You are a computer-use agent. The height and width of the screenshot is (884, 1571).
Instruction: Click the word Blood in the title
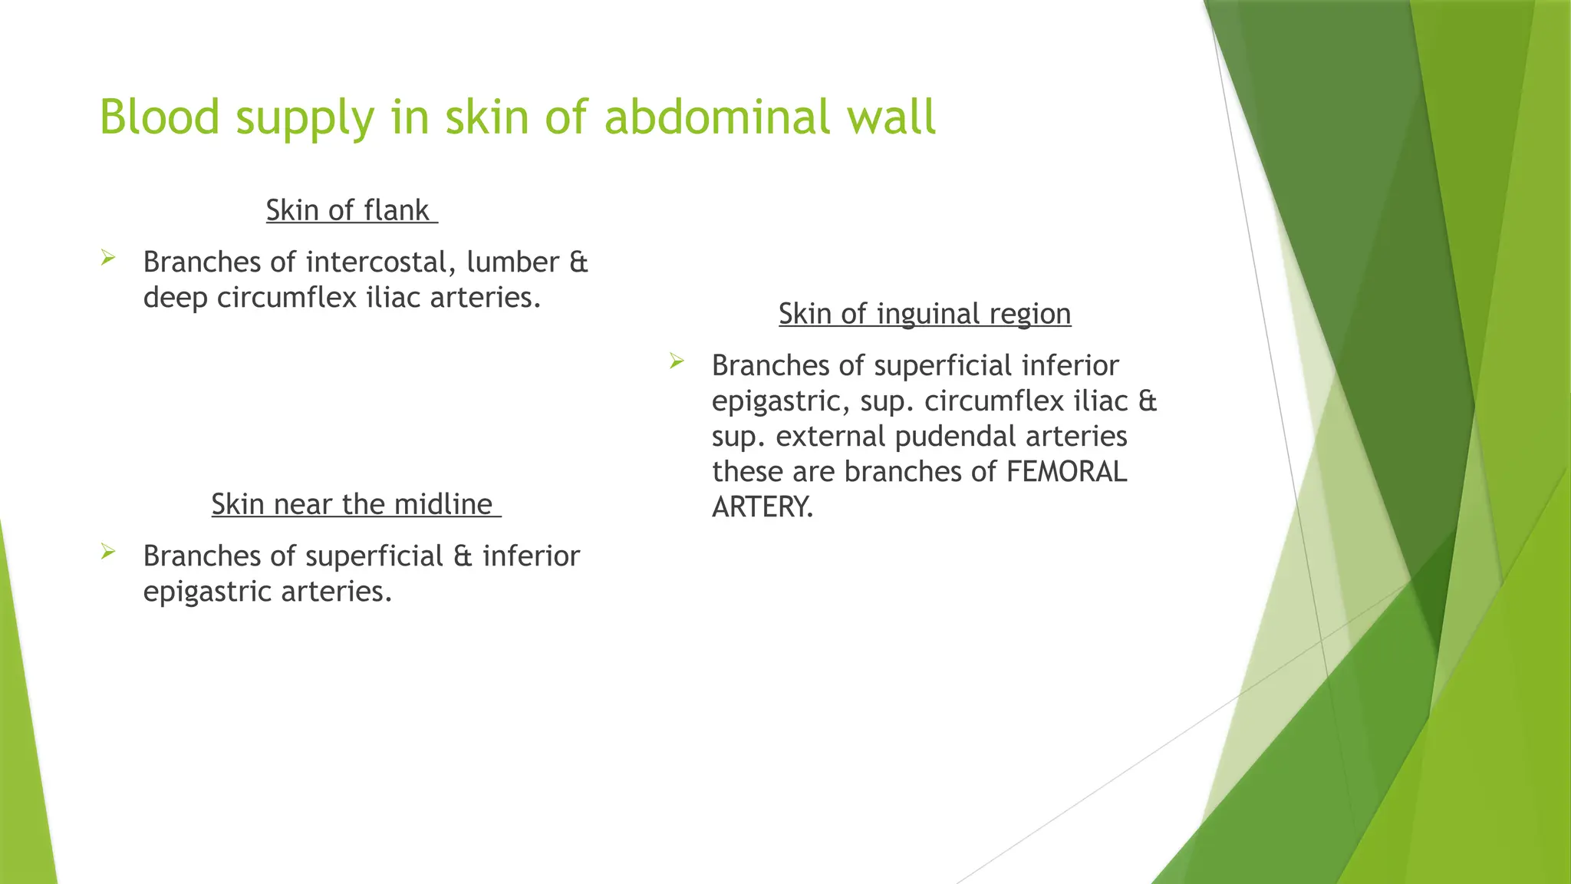click(160, 117)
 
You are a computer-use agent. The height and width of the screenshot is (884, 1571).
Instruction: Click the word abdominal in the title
click(716, 117)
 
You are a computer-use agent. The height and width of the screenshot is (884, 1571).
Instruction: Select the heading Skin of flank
click(351, 210)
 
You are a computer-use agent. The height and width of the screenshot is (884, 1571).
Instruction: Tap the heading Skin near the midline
click(355, 504)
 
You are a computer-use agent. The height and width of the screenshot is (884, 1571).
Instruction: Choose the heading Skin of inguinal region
click(924, 314)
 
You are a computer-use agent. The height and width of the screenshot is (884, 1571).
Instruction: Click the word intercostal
click(376, 262)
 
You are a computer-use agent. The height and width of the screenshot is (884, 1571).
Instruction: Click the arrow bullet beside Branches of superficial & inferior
click(107, 551)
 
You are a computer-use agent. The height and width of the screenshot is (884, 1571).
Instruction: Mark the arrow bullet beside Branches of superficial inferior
click(676, 361)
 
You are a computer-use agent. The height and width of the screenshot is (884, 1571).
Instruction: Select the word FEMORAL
click(1066, 472)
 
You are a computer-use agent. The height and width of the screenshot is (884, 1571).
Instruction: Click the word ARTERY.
click(762, 507)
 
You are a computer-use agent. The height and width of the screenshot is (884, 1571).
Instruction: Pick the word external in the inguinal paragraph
click(830, 437)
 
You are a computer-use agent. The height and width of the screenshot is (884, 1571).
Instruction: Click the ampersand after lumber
click(578, 262)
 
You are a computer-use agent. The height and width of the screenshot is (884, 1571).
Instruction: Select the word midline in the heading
click(443, 504)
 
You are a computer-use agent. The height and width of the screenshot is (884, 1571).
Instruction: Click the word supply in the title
click(305, 117)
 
